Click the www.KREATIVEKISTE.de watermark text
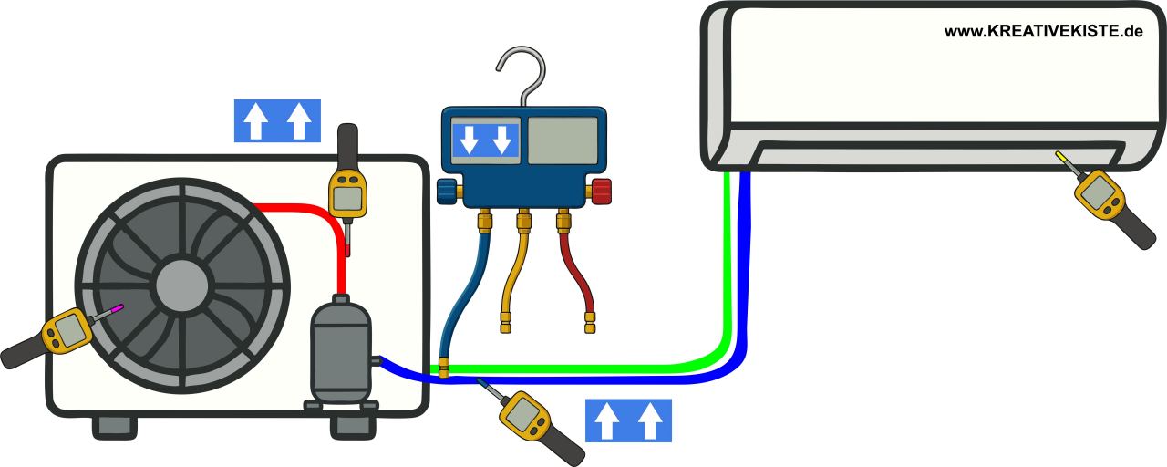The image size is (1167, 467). tap(1043, 31)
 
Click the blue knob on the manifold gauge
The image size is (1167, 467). tap(447, 192)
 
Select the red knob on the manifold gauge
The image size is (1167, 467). tap(601, 192)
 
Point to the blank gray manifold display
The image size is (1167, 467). tap(563, 140)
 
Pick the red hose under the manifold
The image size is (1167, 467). tap(580, 274)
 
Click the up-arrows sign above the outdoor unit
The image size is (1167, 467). tap(277, 120)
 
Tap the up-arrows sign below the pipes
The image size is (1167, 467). tap(628, 420)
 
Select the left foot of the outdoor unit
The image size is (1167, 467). tap(114, 426)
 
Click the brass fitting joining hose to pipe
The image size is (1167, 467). tap(444, 368)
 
